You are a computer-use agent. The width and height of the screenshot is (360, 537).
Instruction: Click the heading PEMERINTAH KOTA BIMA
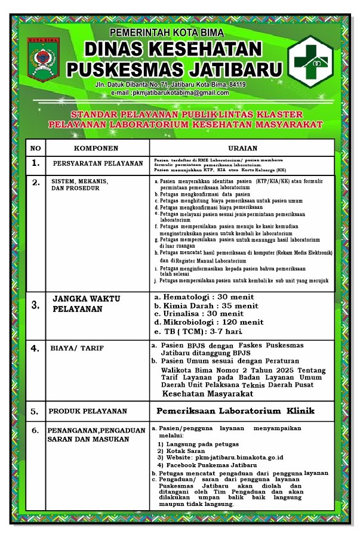pyautogui.click(x=167, y=32)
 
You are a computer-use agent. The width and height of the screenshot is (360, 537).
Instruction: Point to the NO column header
pyautogui.click(x=36, y=148)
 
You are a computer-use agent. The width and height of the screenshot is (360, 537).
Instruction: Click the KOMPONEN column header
pyautogui.click(x=96, y=148)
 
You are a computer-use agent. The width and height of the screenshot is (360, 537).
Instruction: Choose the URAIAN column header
pyautogui.click(x=242, y=148)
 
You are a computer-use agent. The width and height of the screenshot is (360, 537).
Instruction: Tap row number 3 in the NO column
pyautogui.click(x=36, y=305)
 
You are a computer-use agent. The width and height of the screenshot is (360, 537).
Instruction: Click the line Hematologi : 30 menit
pyautogui.click(x=204, y=297)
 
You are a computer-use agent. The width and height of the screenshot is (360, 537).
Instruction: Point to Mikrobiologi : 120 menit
pyautogui.click(x=209, y=322)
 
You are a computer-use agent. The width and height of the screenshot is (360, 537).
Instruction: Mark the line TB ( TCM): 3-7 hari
pyautogui.click(x=198, y=331)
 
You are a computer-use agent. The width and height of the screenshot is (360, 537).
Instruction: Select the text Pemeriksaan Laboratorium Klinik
pyautogui.click(x=235, y=411)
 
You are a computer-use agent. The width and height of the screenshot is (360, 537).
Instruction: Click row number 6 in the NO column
pyautogui.click(x=36, y=430)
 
